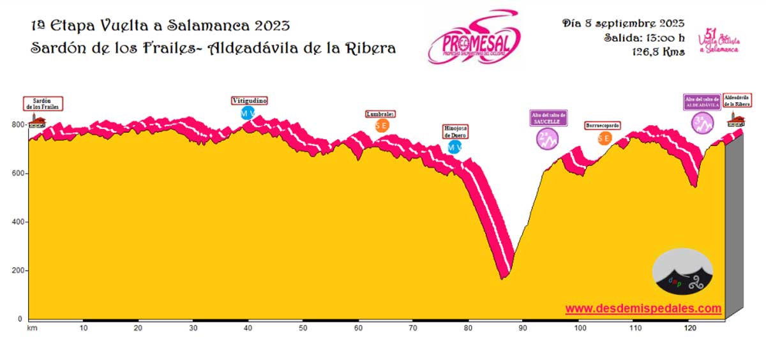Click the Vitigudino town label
249,101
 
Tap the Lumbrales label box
380,114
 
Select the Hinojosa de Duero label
456,131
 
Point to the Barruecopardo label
602,126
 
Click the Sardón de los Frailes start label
45,103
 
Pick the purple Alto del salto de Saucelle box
548,117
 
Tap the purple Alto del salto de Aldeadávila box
702,102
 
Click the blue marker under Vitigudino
248,114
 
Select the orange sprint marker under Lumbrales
382,126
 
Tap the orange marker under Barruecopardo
604,138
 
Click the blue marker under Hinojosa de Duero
454,147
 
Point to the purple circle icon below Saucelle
548,139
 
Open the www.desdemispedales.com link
643,309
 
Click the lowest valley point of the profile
503,278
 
